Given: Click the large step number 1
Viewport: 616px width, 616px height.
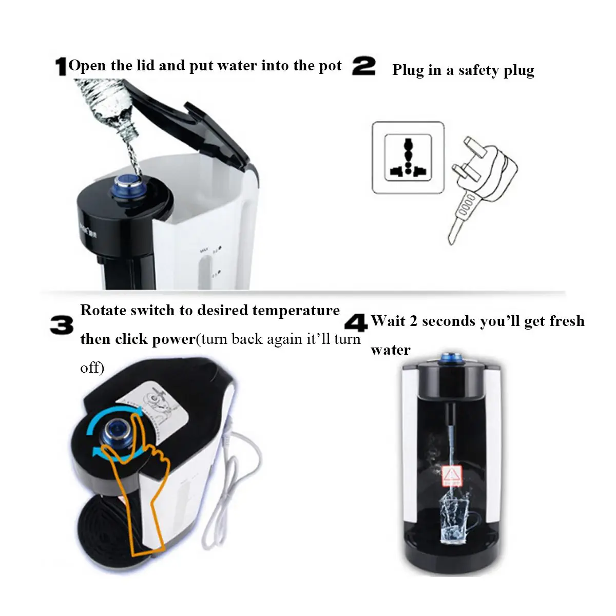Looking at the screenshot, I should tap(61, 67).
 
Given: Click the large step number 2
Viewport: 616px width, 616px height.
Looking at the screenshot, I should tap(364, 67).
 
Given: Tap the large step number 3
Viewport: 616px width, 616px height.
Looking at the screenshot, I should tap(62, 325).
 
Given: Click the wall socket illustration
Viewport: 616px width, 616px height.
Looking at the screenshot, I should tap(408, 158).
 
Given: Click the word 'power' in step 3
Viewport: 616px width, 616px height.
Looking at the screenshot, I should tap(172, 339).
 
